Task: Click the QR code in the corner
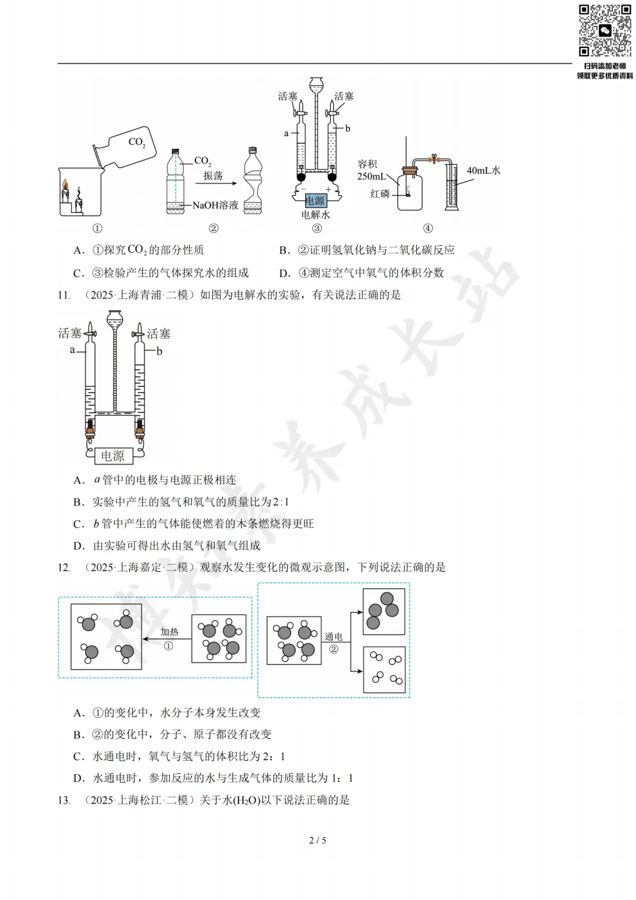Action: point(605,31)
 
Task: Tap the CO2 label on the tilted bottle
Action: point(137,142)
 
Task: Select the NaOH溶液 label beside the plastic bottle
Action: point(215,205)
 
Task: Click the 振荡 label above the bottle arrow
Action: point(213,176)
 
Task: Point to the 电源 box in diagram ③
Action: point(315,201)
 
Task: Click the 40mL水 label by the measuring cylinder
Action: point(483,171)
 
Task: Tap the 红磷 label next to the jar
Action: point(380,193)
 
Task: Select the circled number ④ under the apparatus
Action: point(428,228)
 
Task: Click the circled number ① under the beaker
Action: point(97,228)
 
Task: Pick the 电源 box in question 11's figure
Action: point(113,455)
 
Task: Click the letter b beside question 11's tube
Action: point(160,351)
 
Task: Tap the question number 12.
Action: point(63,568)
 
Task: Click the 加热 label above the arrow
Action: point(169,632)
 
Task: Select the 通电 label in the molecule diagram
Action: point(333,636)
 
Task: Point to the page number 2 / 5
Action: point(317,840)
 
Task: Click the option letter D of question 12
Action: point(79,779)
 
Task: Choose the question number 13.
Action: point(63,801)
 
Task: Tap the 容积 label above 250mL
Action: point(367,164)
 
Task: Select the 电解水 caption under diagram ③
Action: point(315,215)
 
